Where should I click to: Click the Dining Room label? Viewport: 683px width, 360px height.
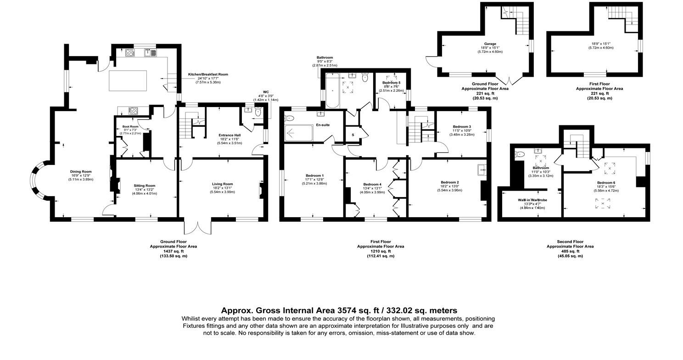pyautogui.click(x=81, y=172)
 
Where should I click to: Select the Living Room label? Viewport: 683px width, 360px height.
pyautogui.click(x=223, y=184)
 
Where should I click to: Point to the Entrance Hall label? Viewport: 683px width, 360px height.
pyautogui.click(x=230, y=135)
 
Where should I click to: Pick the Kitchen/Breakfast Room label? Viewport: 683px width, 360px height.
pyautogui.click(x=208, y=74)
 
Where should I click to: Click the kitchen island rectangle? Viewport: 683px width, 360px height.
pyautogui.click(x=128, y=81)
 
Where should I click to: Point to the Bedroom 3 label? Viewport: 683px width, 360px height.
pyautogui.click(x=462, y=127)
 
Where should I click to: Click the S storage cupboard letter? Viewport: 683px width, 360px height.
pyautogui.click(x=353, y=135)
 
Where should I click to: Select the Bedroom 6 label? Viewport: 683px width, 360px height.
pyautogui.click(x=606, y=183)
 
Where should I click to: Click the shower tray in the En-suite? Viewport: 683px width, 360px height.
pyautogui.click(x=299, y=134)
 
